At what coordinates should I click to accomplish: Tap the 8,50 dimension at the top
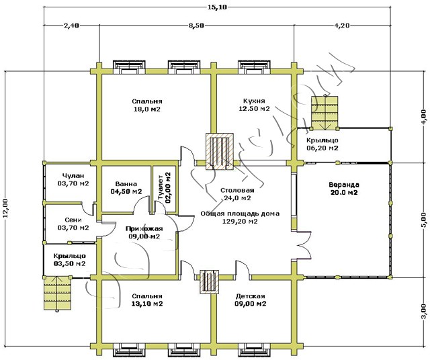coord(197,26)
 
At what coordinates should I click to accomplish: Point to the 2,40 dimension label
coord(72,26)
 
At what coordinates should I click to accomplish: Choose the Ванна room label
coord(126,183)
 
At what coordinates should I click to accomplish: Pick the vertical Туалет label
coord(160,188)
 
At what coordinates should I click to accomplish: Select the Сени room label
coord(74,219)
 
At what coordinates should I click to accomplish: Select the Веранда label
coord(343,184)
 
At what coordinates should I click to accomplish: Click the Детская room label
coord(250,296)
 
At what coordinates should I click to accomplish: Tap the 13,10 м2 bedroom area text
coord(146,304)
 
